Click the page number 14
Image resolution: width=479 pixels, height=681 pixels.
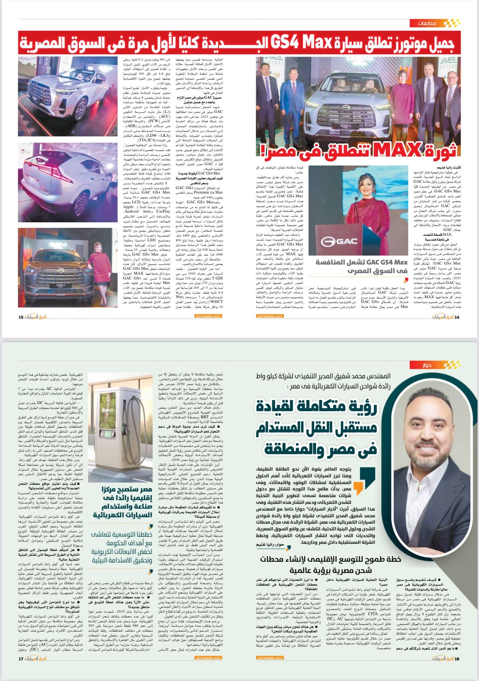click(457, 317)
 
